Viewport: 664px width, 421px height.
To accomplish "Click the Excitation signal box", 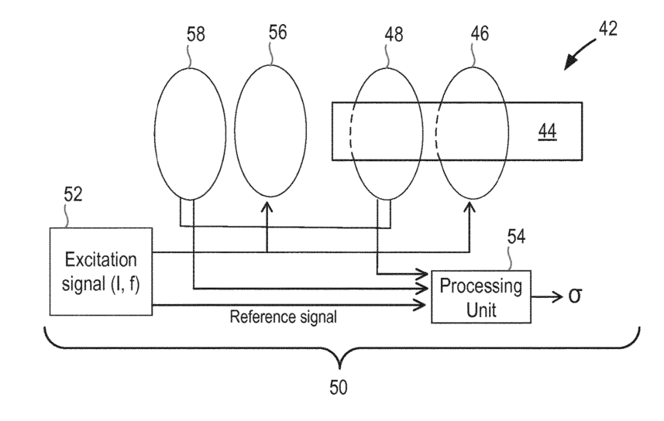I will pyautogui.click(x=100, y=271).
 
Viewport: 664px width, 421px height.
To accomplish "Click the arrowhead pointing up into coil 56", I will pyautogui.click(x=267, y=207).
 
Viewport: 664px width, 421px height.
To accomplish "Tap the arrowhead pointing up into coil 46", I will pyautogui.click(x=470, y=207).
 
